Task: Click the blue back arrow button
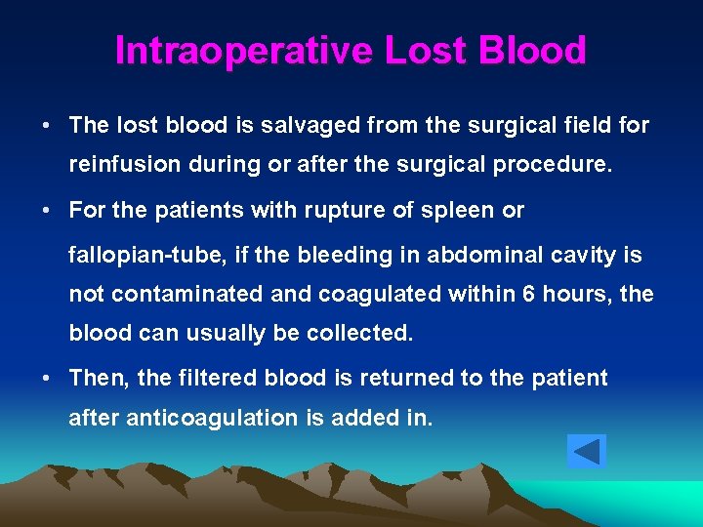coord(586,452)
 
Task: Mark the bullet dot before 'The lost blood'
coord(47,126)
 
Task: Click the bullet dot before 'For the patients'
coord(47,211)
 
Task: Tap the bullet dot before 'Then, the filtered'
coord(47,379)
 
